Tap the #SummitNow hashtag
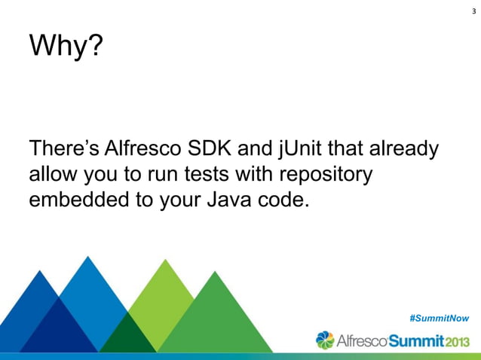click(x=440, y=319)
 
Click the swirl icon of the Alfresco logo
click(x=325, y=340)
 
